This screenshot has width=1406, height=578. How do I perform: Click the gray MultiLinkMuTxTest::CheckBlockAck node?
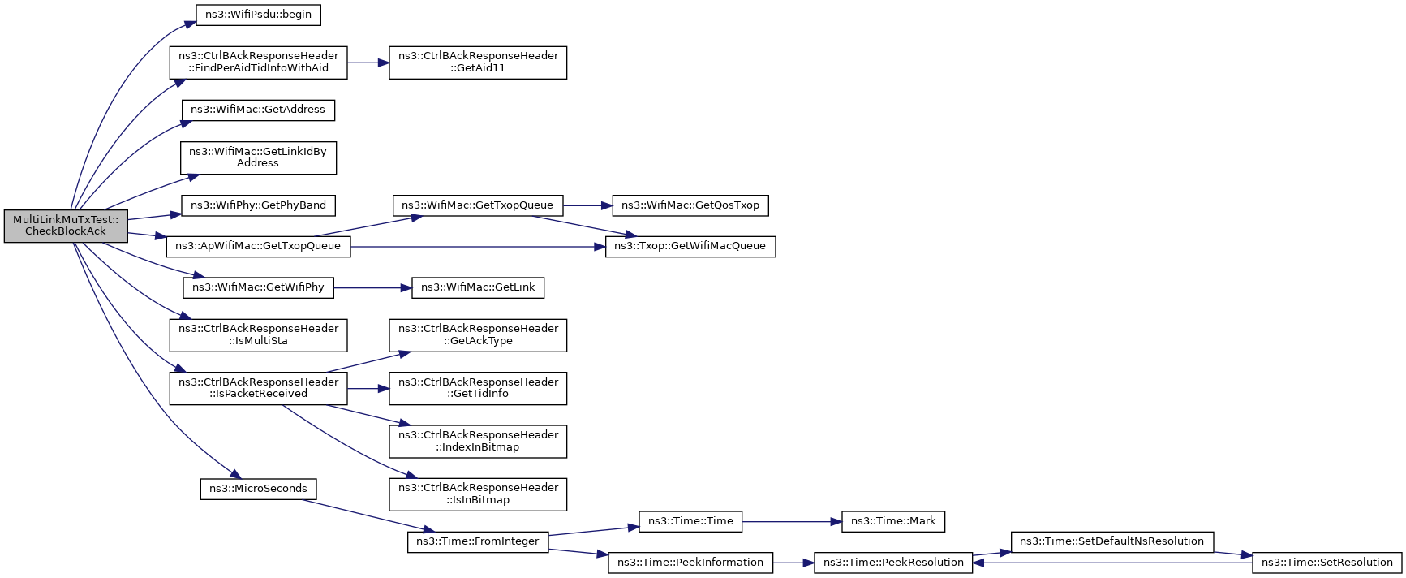(x=66, y=226)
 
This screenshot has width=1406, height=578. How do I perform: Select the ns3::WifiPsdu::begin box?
(x=259, y=15)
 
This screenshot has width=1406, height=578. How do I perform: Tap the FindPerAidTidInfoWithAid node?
(x=258, y=62)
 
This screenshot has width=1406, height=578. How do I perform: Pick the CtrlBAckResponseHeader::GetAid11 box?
(x=478, y=62)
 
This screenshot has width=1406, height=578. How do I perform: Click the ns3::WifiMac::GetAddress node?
(x=258, y=110)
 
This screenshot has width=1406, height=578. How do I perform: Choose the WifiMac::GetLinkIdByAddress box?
(x=258, y=157)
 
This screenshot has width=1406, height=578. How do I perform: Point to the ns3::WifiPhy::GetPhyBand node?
(x=258, y=205)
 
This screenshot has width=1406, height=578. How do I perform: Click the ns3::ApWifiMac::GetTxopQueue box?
(x=258, y=246)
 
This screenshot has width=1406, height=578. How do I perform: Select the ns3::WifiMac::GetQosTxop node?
(x=690, y=205)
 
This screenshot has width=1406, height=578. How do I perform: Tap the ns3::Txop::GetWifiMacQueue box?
(x=690, y=246)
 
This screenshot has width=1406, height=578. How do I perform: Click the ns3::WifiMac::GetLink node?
(x=478, y=287)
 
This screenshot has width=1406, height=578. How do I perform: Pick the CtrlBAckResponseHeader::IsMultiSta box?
(x=258, y=334)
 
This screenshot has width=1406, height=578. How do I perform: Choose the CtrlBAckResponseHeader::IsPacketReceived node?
(x=258, y=388)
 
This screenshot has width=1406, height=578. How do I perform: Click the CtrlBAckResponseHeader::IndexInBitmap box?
(x=478, y=441)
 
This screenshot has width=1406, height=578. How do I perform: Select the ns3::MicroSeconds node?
(x=258, y=489)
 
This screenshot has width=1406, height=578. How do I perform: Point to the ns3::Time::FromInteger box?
(x=478, y=541)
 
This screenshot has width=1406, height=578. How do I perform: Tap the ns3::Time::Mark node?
(x=893, y=521)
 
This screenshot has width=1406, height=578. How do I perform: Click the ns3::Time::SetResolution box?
(x=1327, y=562)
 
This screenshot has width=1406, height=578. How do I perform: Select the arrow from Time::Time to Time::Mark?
(x=791, y=521)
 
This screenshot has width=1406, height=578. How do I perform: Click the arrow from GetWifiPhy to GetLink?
(x=373, y=287)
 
